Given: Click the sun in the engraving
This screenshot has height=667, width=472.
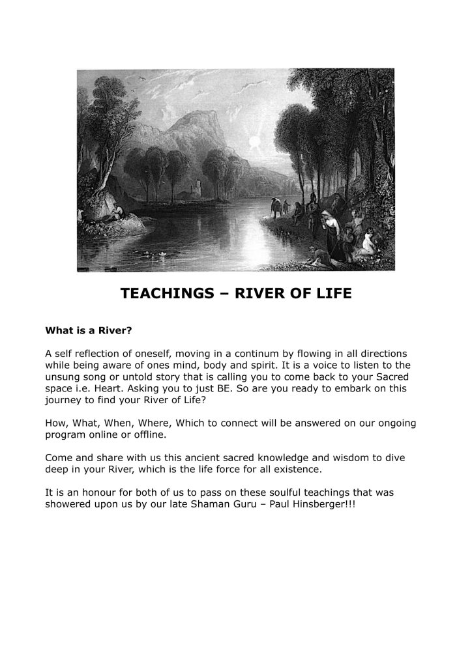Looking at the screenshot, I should (255, 142).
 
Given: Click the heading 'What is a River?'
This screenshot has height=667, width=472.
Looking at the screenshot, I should (89, 330).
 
